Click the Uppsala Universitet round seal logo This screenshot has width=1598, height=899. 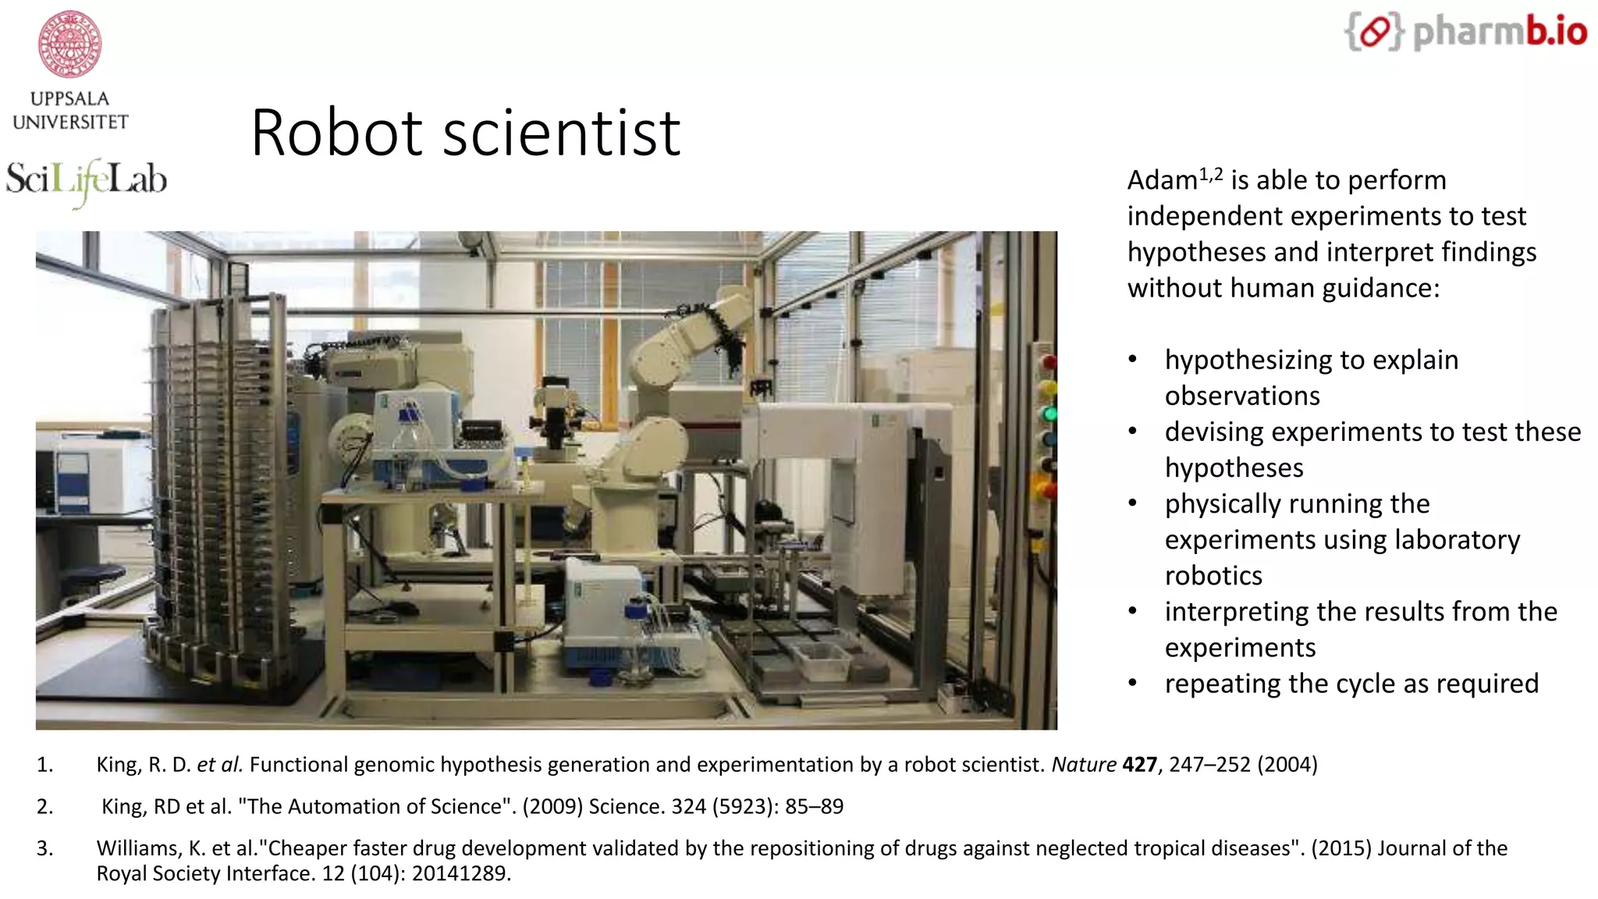(x=70, y=44)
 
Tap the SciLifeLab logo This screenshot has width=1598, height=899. (x=86, y=180)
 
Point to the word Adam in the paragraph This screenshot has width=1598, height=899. (x=1162, y=180)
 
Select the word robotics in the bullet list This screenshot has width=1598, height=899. (x=1213, y=576)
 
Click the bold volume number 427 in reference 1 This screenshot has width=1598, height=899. (x=1139, y=765)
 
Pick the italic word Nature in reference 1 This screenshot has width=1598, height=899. (x=1084, y=765)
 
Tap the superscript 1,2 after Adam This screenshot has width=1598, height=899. (x=1211, y=175)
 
